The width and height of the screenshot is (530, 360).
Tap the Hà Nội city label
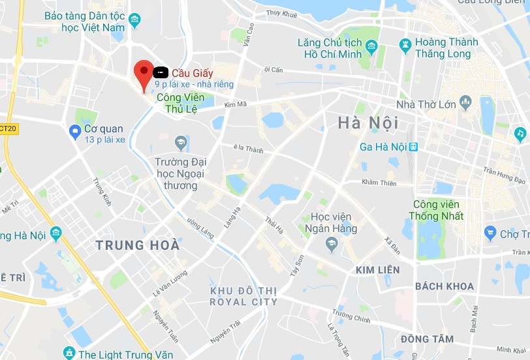pyautogui.click(x=368, y=123)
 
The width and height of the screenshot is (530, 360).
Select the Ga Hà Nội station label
pyautogui.click(x=384, y=147)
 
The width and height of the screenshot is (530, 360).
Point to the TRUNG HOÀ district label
pyautogui.click(x=137, y=245)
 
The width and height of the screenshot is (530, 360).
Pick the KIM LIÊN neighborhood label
pyautogui.click(x=377, y=269)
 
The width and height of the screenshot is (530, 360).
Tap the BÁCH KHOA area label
pyautogui.click(x=444, y=286)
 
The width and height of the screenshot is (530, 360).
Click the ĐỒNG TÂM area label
pyautogui.click(x=428, y=339)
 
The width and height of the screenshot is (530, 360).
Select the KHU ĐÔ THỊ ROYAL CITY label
pyautogui.click(x=243, y=296)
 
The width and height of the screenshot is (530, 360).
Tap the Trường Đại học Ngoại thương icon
pyautogui.click(x=181, y=142)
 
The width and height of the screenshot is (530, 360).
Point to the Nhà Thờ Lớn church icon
pyautogui.click(x=465, y=102)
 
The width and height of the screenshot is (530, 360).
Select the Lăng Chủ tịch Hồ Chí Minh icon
pyautogui.click(x=371, y=46)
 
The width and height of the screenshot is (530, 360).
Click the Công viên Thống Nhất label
pyautogui.click(x=436, y=210)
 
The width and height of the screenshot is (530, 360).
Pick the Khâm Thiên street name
pyautogui.click(x=379, y=183)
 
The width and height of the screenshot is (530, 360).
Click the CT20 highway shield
pyautogui.click(x=8, y=129)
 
